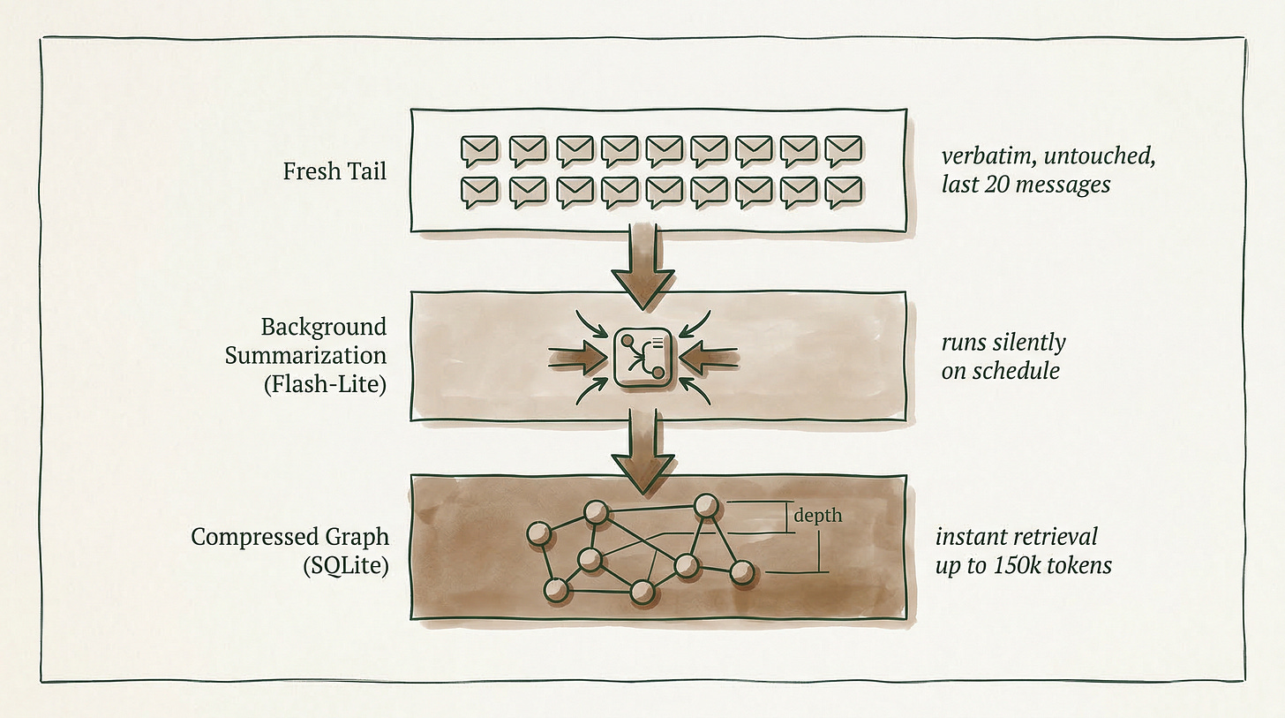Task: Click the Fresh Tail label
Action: (x=334, y=170)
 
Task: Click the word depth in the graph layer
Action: (x=817, y=516)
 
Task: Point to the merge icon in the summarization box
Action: (x=642, y=357)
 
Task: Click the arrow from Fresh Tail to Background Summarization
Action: (x=642, y=264)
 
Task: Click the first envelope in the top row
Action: (x=479, y=151)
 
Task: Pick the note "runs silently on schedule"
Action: (x=1003, y=355)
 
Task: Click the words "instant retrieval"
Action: (x=1016, y=536)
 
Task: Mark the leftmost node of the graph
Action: (x=537, y=533)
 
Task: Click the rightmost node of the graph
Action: (x=743, y=573)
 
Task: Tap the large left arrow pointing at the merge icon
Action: (x=576, y=357)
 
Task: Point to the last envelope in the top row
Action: (x=843, y=151)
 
